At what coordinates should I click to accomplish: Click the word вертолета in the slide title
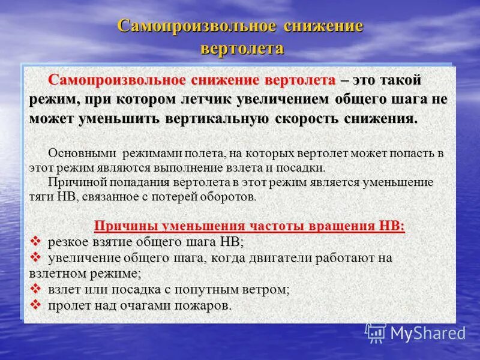(241, 48)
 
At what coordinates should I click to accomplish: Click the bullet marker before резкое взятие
(35, 241)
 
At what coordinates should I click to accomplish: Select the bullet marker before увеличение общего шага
(35, 257)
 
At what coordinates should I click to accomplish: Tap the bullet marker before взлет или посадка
(35, 289)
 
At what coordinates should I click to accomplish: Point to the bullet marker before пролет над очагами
(35, 305)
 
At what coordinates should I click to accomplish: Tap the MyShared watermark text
(428, 333)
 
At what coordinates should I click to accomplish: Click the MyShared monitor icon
(376, 333)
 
